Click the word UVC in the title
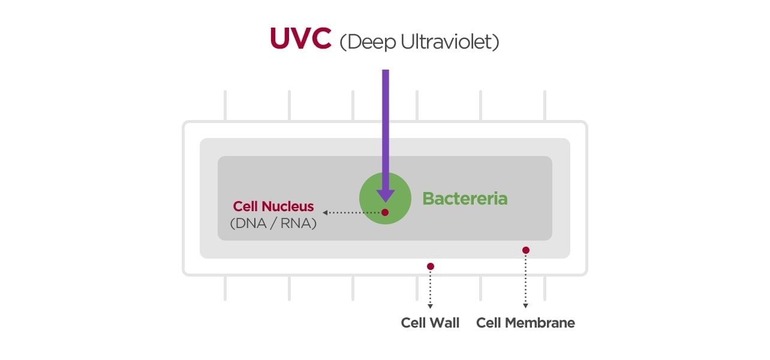pos(300,38)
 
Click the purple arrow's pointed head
pos(385,194)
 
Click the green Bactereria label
pos(465,199)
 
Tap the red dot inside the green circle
pos(385,212)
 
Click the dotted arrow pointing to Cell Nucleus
pos(351,212)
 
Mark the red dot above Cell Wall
pos(430,266)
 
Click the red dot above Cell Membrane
pos(525,250)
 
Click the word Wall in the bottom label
pos(444,323)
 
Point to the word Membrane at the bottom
pos(540,323)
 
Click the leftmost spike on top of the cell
pos(225,106)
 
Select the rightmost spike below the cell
pos(545,288)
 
